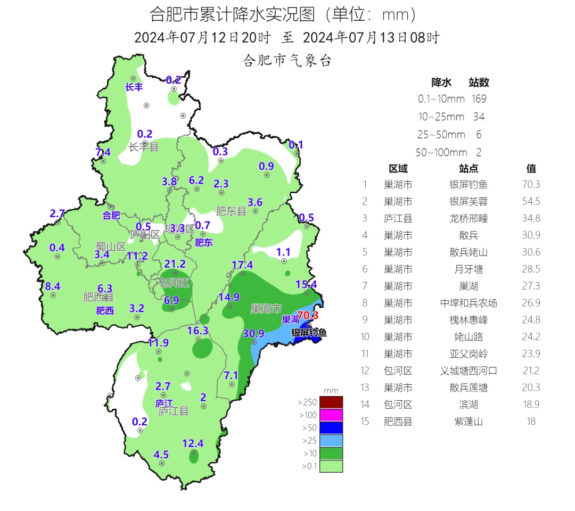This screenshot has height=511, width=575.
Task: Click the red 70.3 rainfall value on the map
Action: point(308,315)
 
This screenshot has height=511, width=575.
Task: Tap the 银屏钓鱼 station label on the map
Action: point(309,333)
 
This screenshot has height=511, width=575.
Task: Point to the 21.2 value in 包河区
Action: point(175,264)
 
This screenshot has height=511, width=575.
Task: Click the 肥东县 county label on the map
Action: point(232,211)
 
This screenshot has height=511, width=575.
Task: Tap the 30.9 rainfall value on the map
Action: point(253,334)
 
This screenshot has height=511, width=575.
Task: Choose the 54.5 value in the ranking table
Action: point(531,201)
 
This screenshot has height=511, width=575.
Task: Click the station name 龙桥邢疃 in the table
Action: point(469,218)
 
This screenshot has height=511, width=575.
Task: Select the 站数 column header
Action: point(479,83)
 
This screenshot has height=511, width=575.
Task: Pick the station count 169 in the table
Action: point(479,98)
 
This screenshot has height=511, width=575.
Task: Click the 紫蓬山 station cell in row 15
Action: point(469,422)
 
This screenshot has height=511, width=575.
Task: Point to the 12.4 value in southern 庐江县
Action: point(193,443)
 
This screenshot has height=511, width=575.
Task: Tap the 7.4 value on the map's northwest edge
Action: point(103,152)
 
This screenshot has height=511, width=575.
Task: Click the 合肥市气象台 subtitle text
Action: point(287,61)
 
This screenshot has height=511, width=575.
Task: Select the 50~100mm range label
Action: point(441,152)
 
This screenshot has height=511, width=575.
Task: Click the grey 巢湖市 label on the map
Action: point(266,309)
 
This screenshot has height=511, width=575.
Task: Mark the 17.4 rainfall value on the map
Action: point(242,265)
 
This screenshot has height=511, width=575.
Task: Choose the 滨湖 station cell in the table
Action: point(469,405)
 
